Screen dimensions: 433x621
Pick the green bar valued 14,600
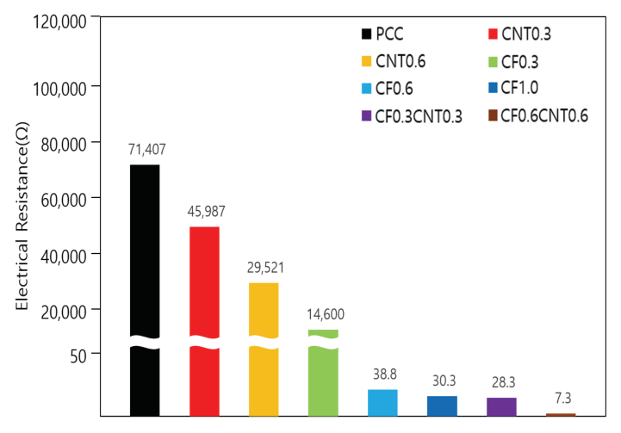[323, 362]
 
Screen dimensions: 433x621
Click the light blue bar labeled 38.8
[382, 402]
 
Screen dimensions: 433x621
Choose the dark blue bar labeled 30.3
[442, 405]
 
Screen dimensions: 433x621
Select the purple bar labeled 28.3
[501, 406]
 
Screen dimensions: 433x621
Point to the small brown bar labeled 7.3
[561, 414]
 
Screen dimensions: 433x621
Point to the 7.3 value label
[561, 399]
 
